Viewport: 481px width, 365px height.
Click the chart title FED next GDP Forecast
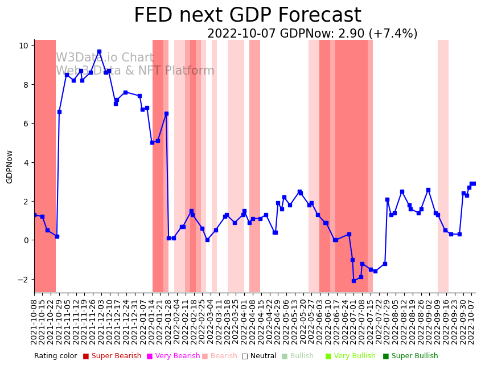[247, 15]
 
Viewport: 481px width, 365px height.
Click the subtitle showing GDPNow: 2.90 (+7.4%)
[312, 34]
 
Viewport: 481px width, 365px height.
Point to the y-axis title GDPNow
[10, 167]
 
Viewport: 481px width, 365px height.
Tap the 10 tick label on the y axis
[24, 46]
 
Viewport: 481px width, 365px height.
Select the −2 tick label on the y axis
[24, 280]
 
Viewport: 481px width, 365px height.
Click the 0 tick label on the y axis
[26, 240]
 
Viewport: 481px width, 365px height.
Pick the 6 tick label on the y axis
[26, 124]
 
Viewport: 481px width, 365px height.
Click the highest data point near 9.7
[99, 51]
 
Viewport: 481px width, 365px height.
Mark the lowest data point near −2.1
[353, 281]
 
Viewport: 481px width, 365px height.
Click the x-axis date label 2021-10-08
[34, 322]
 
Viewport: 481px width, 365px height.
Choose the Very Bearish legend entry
[173, 356]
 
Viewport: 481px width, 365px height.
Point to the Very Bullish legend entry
[354, 356]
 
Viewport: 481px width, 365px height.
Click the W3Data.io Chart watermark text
[105, 58]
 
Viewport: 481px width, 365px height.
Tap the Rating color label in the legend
[55, 356]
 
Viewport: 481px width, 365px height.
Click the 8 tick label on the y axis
[26, 85]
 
